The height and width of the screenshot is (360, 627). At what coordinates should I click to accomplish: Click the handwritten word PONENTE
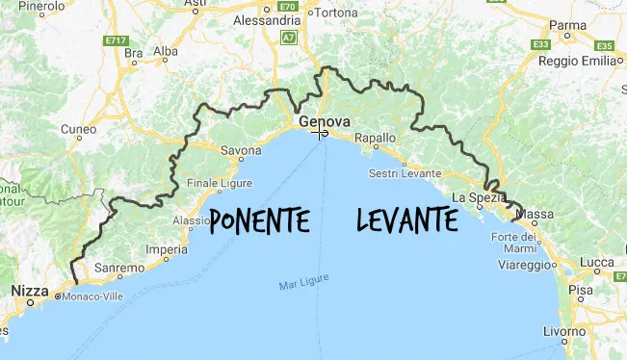(259, 220)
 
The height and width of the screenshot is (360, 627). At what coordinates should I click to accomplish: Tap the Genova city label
(323, 121)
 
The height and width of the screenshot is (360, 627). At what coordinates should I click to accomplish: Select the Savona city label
(242, 151)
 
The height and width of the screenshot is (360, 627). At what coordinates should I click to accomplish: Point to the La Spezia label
(479, 197)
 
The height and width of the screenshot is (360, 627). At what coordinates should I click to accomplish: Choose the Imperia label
(166, 249)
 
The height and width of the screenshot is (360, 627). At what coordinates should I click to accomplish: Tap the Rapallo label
(376, 139)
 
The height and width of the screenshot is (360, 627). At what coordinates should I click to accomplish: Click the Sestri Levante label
(405, 173)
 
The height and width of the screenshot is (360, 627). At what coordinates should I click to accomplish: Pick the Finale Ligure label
(220, 183)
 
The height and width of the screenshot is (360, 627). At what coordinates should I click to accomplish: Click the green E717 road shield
(118, 40)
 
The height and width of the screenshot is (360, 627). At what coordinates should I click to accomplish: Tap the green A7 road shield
(289, 38)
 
